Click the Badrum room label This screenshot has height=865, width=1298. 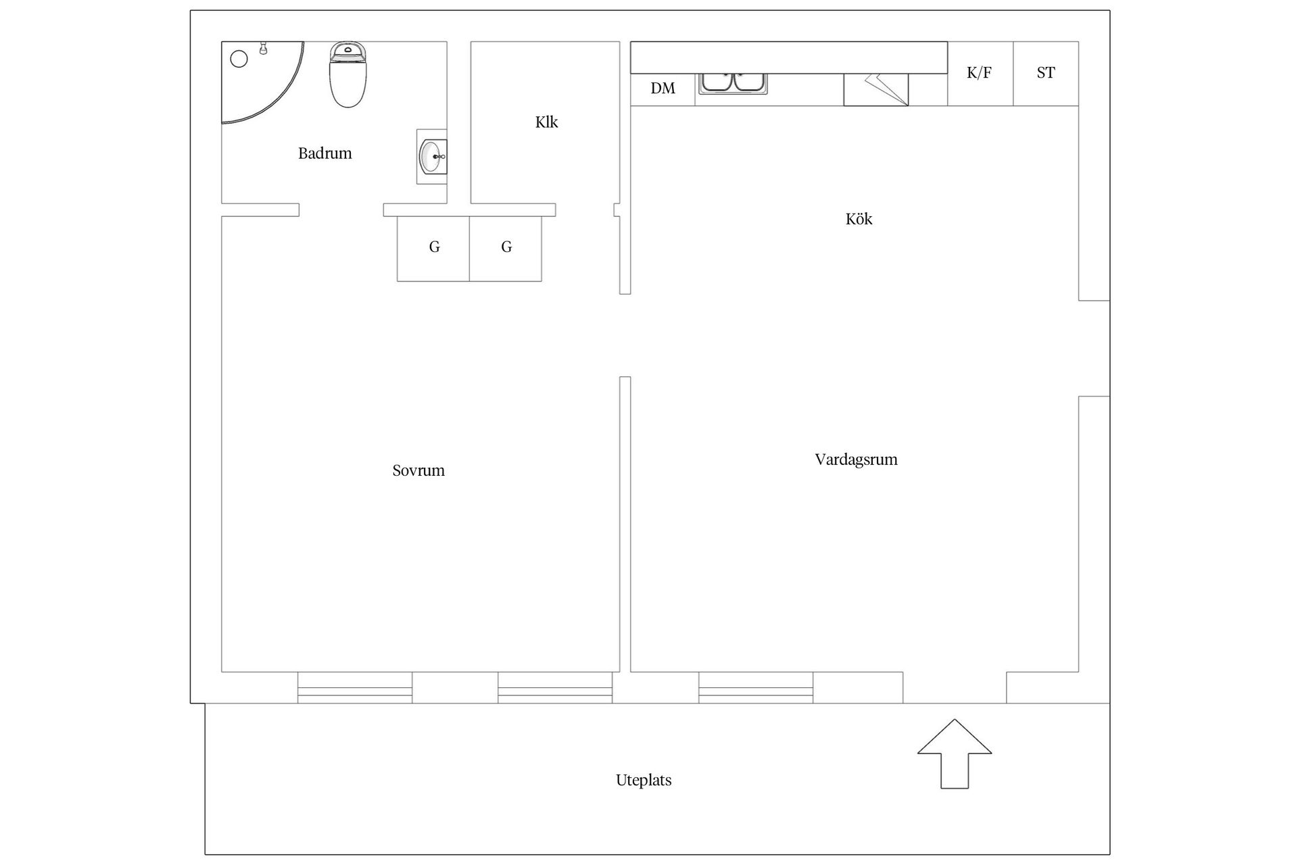pos(324,153)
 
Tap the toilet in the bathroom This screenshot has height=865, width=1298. pos(347,74)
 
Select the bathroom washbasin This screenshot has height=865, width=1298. pos(432,157)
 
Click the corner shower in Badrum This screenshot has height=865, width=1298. pos(263,82)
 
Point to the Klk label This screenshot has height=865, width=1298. pos(546,122)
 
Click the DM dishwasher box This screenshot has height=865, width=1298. pos(663,89)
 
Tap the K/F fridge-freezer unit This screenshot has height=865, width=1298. pos(980,74)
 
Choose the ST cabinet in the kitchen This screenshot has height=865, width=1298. pos(1046,74)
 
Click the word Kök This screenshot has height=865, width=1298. pos(859,219)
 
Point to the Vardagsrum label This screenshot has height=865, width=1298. pos(856,460)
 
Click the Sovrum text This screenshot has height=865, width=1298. pos(418,470)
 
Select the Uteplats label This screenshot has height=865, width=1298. pos(644,781)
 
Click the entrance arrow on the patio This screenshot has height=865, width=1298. pos(955,753)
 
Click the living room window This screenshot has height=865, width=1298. pos(756,687)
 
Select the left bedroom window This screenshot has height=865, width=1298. pos(355,687)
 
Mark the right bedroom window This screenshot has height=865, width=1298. pos(555,687)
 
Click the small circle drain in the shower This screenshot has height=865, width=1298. pos(239,59)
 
